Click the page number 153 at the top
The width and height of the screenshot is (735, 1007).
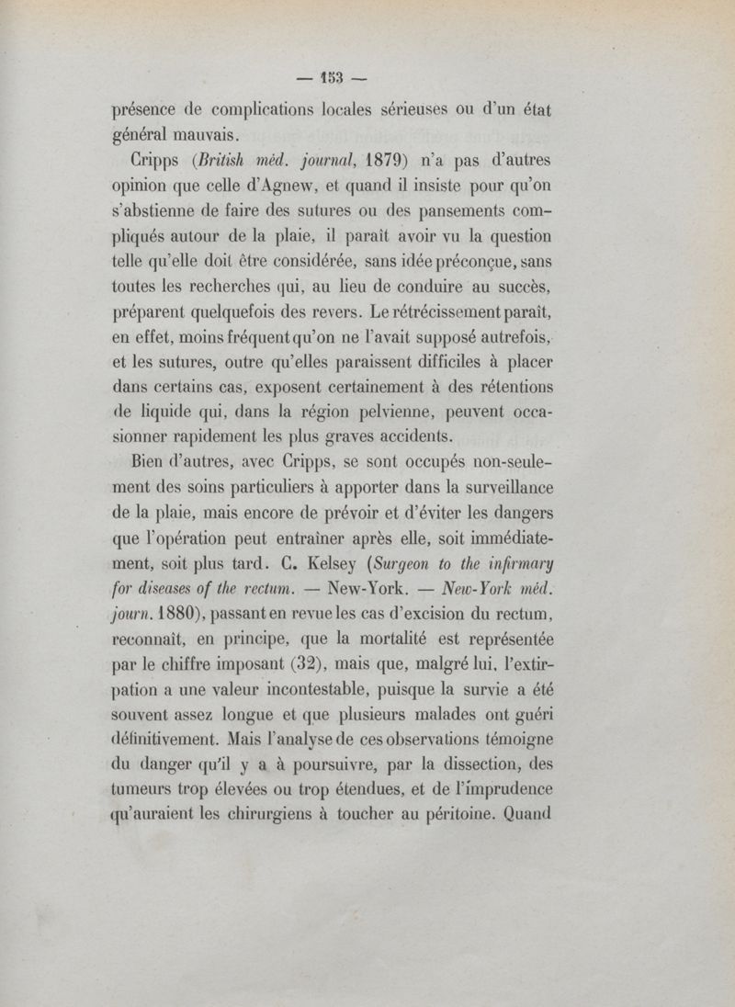367,77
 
